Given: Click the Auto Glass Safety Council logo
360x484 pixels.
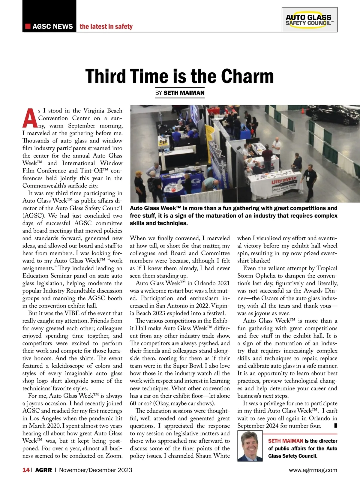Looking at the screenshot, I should (309, 20).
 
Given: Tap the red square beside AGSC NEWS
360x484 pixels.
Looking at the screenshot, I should (28, 26).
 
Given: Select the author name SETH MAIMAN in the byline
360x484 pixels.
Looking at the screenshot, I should (184, 93).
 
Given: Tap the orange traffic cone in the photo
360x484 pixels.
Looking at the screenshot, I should (303, 110).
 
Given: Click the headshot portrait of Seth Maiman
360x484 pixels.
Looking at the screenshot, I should (250, 446).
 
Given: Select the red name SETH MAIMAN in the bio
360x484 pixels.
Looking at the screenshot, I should (285, 441).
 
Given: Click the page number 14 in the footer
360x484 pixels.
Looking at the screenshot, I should (26, 470).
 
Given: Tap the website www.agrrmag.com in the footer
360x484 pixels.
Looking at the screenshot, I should (313, 470).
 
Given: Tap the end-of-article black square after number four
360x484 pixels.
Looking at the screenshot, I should (335, 425).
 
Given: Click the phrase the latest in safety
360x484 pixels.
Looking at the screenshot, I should (106, 26).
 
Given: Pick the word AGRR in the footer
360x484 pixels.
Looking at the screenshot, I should (43, 470).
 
